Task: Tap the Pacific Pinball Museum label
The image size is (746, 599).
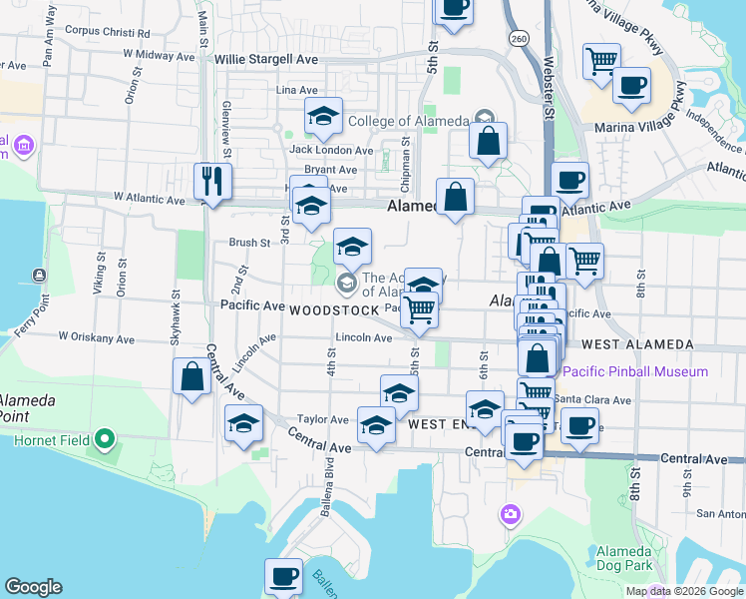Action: point(635,372)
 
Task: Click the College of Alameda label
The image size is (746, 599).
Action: point(408,121)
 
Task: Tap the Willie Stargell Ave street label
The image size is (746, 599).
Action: point(266,60)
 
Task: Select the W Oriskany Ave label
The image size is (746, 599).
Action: point(96,338)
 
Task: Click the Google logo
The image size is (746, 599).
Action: point(34,588)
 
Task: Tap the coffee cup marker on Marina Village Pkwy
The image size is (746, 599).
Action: point(630,85)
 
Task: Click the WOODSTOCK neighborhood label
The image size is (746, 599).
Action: point(334,310)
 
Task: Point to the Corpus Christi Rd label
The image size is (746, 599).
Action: point(107,31)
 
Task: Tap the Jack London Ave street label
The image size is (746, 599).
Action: point(322,150)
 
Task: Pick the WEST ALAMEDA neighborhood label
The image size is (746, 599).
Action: point(637,344)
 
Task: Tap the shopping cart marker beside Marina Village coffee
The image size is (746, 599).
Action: point(601,61)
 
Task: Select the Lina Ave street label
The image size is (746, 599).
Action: point(296,90)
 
